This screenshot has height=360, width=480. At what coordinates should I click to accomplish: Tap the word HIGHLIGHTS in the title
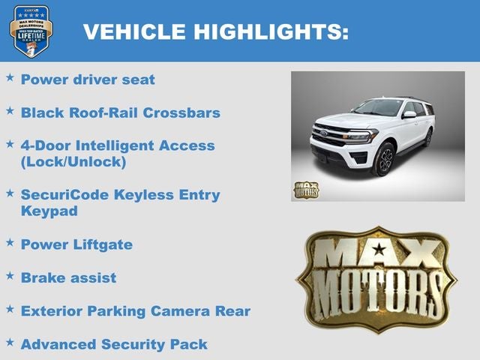271,31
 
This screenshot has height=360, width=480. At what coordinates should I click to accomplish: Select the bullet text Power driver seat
88,79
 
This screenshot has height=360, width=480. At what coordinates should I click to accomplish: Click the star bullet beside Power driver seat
10,78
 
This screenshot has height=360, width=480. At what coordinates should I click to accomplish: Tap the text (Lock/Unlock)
73,161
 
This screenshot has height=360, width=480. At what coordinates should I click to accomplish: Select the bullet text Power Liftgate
76,244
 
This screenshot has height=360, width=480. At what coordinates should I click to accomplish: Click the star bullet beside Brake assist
10,277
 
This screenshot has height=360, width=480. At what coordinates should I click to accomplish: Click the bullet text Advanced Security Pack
114,344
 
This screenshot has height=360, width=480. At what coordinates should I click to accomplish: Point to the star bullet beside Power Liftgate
10,244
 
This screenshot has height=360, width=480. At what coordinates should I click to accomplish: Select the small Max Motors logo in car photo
305,190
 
